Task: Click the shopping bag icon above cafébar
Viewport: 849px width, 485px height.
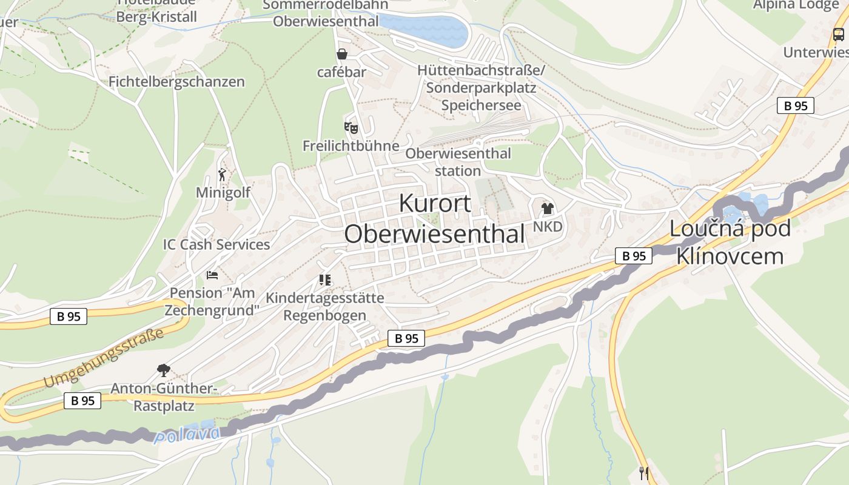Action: pyautogui.click(x=342, y=54)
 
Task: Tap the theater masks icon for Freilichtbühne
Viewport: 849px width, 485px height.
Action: pyautogui.click(x=351, y=127)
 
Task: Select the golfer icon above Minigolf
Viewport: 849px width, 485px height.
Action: pyautogui.click(x=223, y=175)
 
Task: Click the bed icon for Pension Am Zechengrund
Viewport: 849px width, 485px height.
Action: pyautogui.click(x=212, y=275)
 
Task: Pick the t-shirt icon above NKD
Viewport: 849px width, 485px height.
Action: pyautogui.click(x=548, y=209)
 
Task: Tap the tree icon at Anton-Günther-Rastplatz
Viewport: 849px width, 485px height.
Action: pyautogui.click(x=163, y=369)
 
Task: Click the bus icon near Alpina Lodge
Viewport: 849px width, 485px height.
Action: pyautogui.click(x=838, y=35)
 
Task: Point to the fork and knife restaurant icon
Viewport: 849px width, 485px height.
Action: pyautogui.click(x=644, y=473)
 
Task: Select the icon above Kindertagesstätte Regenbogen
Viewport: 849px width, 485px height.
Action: pyautogui.click(x=325, y=280)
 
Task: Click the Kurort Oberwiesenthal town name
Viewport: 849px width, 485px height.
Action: pyautogui.click(x=434, y=219)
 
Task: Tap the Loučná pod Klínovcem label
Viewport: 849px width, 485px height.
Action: pyautogui.click(x=730, y=242)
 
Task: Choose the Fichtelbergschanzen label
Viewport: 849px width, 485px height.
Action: pyautogui.click(x=176, y=81)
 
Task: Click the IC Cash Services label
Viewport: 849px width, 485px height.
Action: pyautogui.click(x=216, y=244)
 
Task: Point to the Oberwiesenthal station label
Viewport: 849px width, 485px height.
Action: pyautogui.click(x=458, y=162)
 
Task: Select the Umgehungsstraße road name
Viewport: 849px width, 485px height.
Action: pyautogui.click(x=104, y=358)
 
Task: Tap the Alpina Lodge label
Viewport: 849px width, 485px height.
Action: pyautogui.click(x=796, y=5)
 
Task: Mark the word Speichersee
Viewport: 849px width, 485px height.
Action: pyautogui.click(x=481, y=105)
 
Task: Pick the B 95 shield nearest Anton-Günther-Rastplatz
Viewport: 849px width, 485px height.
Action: pyautogui.click(x=82, y=400)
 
